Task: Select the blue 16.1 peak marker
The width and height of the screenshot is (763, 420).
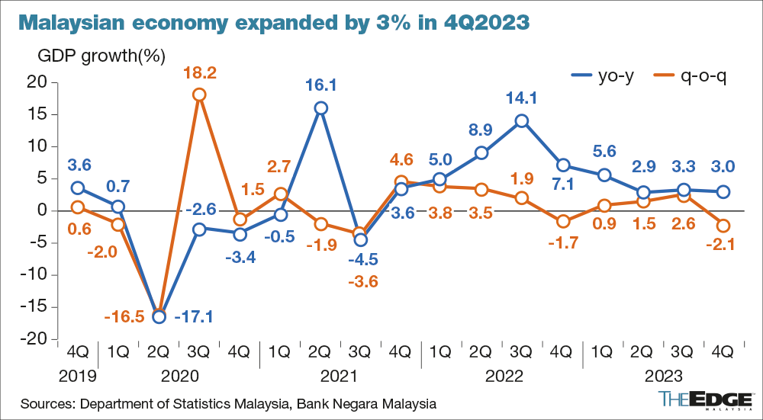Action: coord(321,108)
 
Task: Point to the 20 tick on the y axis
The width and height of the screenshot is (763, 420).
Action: coord(36,82)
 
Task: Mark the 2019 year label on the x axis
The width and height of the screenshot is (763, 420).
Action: coord(77,376)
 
